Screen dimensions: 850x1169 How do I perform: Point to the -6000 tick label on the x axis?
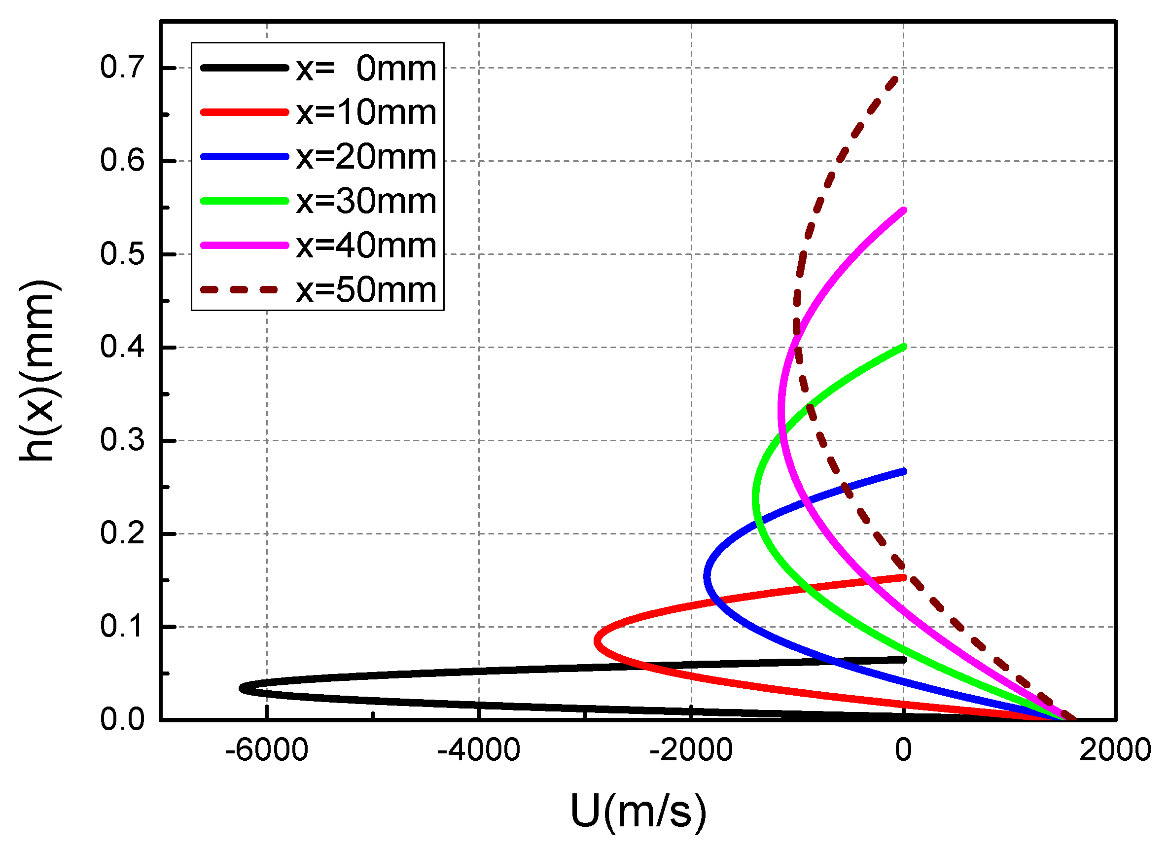[x=266, y=750]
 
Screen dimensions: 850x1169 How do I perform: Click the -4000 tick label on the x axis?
[x=478, y=750]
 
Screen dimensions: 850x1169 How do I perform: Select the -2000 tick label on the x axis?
[x=691, y=750]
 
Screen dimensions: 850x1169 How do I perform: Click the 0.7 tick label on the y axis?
[x=122, y=67]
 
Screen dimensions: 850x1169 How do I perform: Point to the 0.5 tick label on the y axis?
[x=122, y=254]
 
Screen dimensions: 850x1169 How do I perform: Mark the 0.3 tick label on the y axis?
[x=122, y=441]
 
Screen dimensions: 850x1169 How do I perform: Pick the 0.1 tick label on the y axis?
[x=122, y=627]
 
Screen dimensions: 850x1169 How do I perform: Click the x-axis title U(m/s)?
[x=638, y=812]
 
